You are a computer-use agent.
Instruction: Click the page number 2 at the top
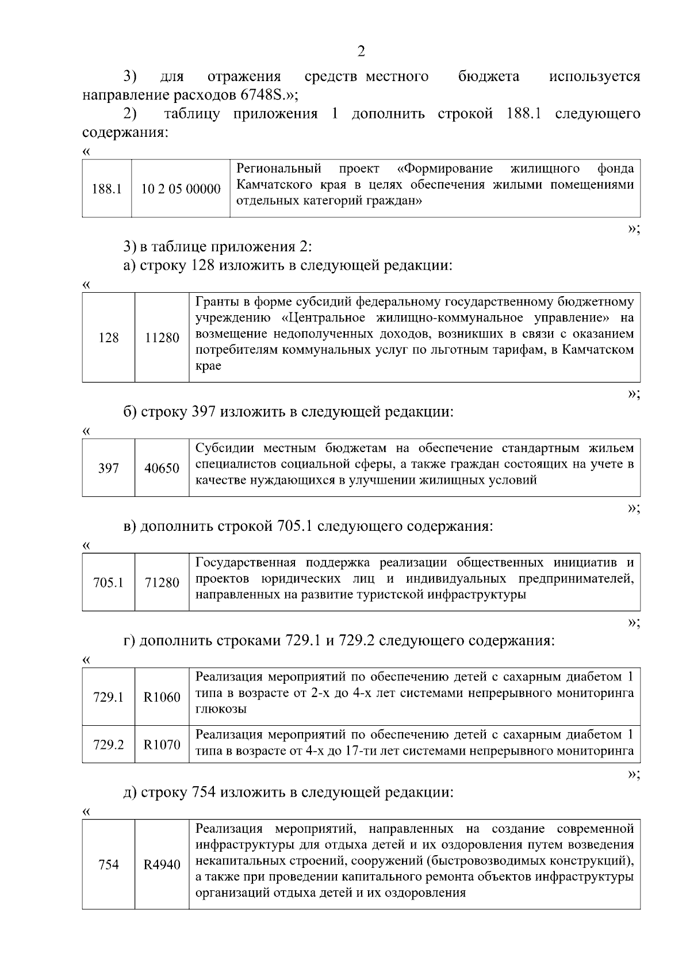[361, 52]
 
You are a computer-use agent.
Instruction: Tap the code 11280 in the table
[162, 338]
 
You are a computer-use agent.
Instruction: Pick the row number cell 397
[108, 468]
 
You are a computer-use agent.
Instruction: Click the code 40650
[162, 468]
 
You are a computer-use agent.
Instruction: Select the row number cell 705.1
[108, 583]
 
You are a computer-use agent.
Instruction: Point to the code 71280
[162, 583]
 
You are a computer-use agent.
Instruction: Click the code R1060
[162, 698]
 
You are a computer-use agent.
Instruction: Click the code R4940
[162, 865]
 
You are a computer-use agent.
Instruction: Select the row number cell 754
[108, 865]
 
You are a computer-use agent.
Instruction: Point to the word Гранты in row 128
[216, 302]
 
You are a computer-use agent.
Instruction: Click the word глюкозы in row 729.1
[221, 709]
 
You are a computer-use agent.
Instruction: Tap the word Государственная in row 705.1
[246, 562]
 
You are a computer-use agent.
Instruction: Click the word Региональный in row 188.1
[279, 169]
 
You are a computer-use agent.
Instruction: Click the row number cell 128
[108, 338]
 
